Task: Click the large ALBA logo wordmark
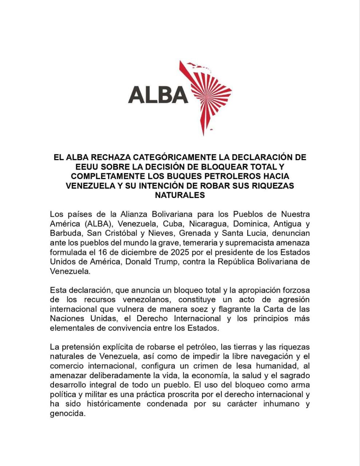click(158, 95)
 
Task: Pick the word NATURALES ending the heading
click(180, 195)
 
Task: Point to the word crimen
click(209, 366)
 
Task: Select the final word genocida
click(68, 414)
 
